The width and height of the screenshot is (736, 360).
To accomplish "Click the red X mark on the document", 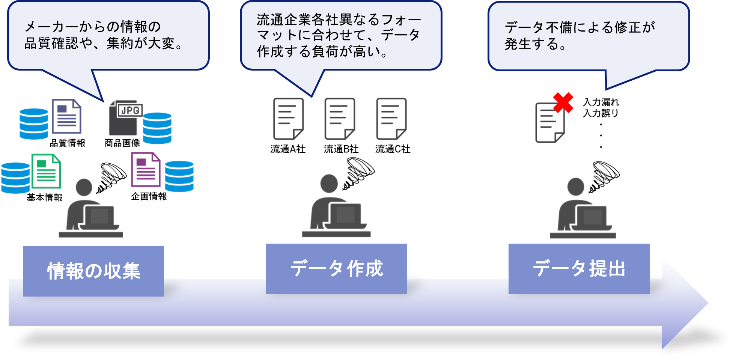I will (x=563, y=102).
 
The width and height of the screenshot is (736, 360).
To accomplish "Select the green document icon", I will (x=46, y=171).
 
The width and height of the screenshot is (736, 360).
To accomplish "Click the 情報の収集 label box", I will (x=93, y=271).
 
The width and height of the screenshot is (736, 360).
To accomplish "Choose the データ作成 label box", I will (x=336, y=268).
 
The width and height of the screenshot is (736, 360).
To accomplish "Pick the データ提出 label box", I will (x=579, y=268).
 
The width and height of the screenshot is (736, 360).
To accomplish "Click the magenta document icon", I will (x=146, y=169).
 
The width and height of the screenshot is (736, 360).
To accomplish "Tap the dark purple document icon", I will (x=66, y=116).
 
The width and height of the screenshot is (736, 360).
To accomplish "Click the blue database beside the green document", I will (x=15, y=178).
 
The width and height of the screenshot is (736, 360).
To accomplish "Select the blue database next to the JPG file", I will (x=157, y=128).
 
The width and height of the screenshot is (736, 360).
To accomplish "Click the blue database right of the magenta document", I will (x=179, y=176).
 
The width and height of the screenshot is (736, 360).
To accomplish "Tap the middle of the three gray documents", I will (x=339, y=119).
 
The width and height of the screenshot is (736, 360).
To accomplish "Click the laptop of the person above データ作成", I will (x=345, y=216).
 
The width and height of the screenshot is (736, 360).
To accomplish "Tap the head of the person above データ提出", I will (x=575, y=187).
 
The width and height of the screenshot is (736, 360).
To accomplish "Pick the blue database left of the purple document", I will (x=34, y=124).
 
